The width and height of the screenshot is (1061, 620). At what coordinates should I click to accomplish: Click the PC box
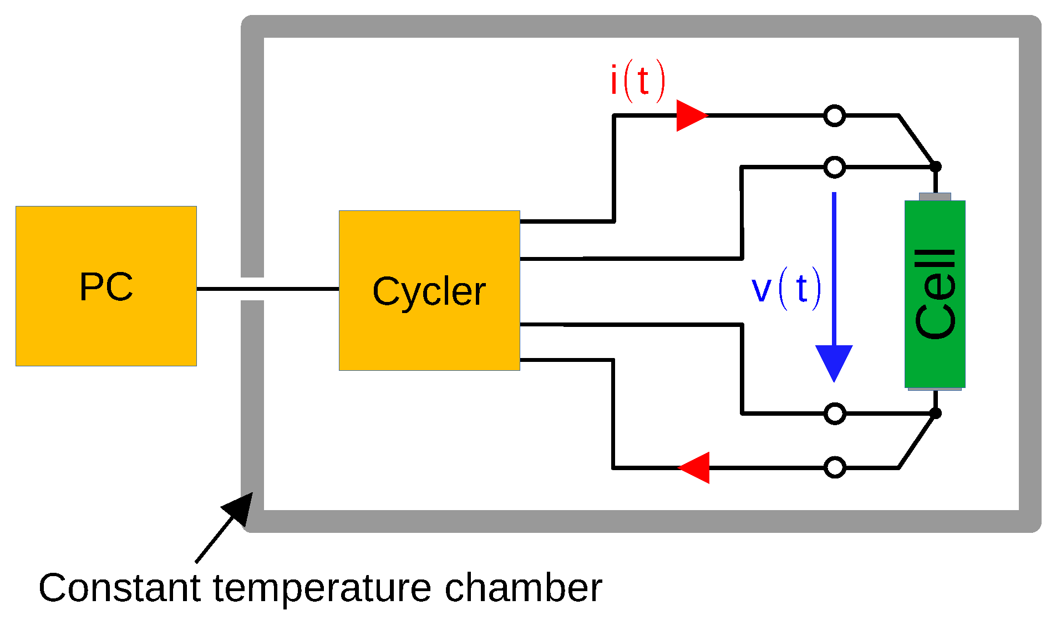click(x=106, y=286)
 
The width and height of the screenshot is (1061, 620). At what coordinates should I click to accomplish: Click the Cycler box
click(x=429, y=290)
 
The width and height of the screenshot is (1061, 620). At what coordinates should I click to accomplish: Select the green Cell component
click(x=935, y=294)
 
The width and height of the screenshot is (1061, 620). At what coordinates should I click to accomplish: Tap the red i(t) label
click(x=637, y=81)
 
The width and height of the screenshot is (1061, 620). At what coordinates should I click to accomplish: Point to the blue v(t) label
click(x=785, y=289)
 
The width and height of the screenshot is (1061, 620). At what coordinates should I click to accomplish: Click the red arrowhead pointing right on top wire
click(x=691, y=115)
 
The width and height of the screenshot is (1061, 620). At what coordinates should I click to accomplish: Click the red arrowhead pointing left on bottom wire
click(x=696, y=467)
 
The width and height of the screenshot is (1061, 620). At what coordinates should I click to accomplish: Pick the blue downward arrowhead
click(x=834, y=361)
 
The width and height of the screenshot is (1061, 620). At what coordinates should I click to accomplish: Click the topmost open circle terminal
click(x=834, y=115)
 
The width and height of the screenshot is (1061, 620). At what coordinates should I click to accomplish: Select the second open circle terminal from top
click(x=834, y=167)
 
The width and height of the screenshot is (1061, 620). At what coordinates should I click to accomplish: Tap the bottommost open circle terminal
click(x=834, y=467)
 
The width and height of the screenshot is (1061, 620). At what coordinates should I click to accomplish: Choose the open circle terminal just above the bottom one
click(x=834, y=414)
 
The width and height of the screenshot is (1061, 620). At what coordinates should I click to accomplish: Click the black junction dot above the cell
click(x=935, y=167)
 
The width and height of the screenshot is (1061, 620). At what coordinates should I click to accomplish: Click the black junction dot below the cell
click(x=935, y=413)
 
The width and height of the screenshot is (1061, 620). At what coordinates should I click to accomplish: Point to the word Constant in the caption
click(x=119, y=588)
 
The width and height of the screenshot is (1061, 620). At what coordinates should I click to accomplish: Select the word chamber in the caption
click(x=523, y=588)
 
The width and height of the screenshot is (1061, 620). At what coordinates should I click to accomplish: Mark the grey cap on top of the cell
click(x=935, y=196)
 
